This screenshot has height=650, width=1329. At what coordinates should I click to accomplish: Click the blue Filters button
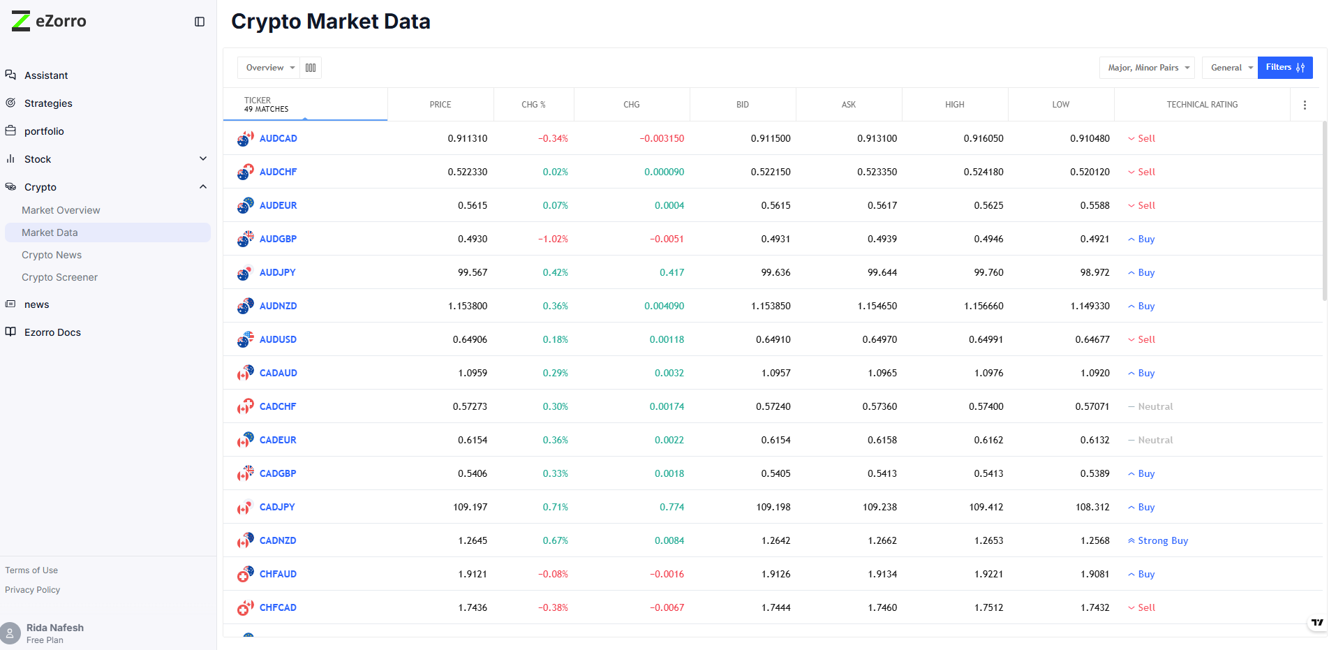tap(1284, 68)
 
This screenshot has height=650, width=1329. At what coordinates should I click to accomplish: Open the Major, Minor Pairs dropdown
tap(1148, 68)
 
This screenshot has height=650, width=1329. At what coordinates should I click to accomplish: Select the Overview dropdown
tap(269, 68)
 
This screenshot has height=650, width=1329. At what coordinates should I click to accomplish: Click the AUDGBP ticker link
tap(278, 239)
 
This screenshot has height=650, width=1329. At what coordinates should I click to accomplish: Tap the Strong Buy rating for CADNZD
tap(1162, 540)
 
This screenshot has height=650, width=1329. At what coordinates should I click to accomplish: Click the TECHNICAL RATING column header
tap(1201, 105)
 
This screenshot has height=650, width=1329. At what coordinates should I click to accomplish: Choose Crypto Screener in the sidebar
tap(59, 277)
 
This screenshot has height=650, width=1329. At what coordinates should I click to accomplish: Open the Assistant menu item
tap(46, 75)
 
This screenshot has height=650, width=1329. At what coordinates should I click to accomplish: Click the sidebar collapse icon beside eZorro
tap(200, 22)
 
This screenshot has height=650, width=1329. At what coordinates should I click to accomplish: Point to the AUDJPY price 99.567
tap(473, 272)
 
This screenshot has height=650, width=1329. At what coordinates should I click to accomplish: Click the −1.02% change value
tap(553, 239)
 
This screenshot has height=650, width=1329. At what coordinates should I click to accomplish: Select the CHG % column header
tap(533, 105)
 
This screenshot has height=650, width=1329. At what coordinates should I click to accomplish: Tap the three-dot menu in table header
tap(1305, 105)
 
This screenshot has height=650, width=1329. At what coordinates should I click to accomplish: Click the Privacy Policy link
tap(33, 590)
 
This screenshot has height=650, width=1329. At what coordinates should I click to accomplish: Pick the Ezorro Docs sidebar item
tap(52, 332)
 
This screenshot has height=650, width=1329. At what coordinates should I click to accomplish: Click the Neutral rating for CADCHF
tap(1154, 406)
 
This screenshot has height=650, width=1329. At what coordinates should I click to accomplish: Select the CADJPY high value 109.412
tap(986, 507)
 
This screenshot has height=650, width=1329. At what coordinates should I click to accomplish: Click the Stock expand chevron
tap(203, 158)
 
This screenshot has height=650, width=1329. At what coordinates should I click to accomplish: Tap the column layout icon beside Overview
tap(311, 68)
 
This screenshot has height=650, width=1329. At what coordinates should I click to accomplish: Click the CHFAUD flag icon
tap(245, 574)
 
